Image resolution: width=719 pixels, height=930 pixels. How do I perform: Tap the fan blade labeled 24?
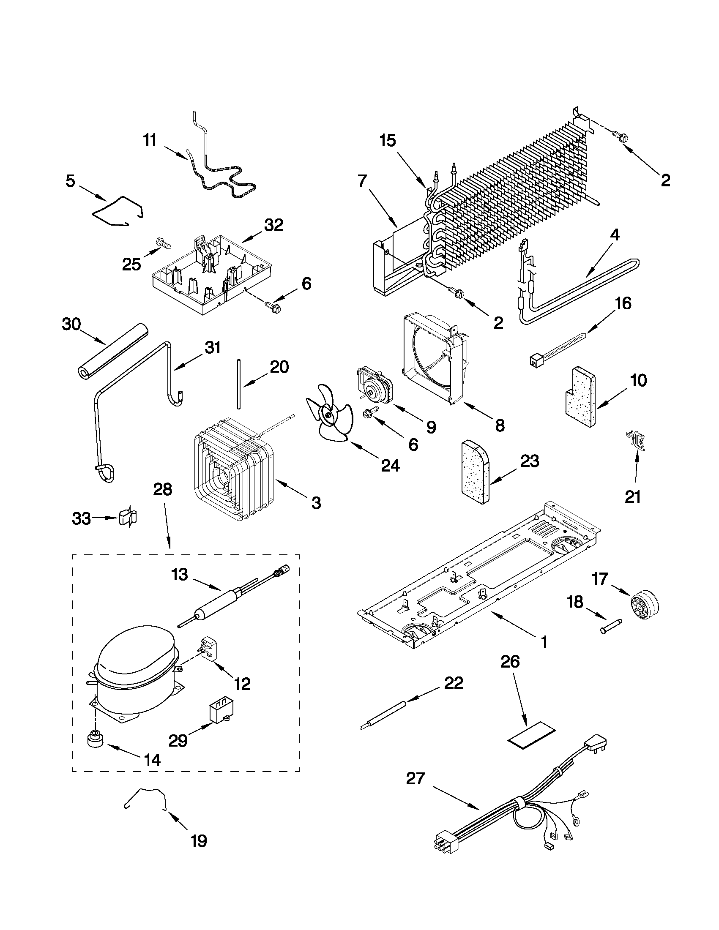click(x=328, y=415)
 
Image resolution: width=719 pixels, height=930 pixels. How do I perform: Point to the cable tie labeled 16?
click(x=558, y=348)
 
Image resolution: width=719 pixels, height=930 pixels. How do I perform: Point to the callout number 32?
click(x=273, y=225)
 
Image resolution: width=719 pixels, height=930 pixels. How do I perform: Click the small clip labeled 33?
click(x=128, y=517)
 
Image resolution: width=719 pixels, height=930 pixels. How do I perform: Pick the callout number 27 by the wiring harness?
click(x=416, y=779)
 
